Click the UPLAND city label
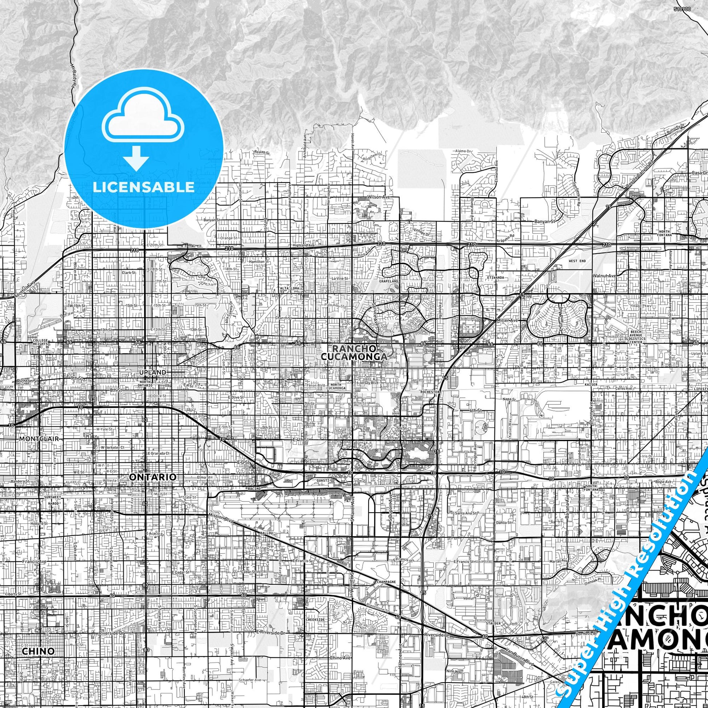[x=153, y=372]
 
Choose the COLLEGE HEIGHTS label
[x=37, y=342]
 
